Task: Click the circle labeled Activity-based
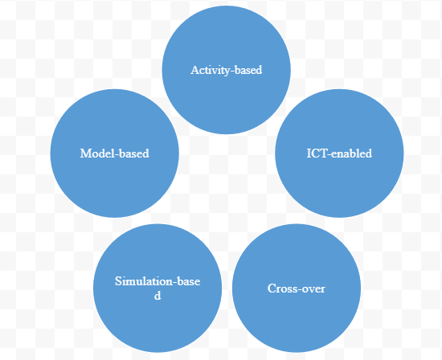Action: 227,70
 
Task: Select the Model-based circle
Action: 114,153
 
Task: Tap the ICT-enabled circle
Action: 339,153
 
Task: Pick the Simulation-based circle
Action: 158,288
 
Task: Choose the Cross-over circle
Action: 297,288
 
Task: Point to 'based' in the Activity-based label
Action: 248,70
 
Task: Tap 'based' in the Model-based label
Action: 135,153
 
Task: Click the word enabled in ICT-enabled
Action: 351,153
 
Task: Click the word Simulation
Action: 144,281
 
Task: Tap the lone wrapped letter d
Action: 158,296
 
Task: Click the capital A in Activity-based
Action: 194,70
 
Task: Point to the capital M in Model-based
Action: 85,153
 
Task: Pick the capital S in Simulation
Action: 118,281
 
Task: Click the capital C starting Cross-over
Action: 271,288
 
